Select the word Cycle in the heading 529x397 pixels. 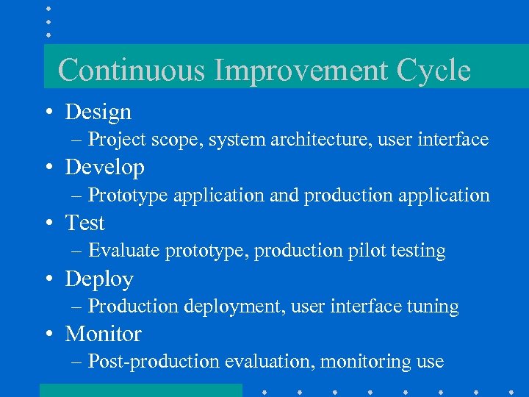point(433,71)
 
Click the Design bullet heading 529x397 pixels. point(98,112)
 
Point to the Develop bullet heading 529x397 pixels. point(105,168)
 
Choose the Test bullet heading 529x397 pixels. point(85,223)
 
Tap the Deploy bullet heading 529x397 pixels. point(99,279)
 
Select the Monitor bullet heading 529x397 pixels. point(104,334)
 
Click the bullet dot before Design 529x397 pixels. point(47,112)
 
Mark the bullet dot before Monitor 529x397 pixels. point(47,335)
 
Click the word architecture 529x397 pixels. point(312,139)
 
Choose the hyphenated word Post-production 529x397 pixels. point(154,362)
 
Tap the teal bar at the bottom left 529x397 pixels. point(140,390)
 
